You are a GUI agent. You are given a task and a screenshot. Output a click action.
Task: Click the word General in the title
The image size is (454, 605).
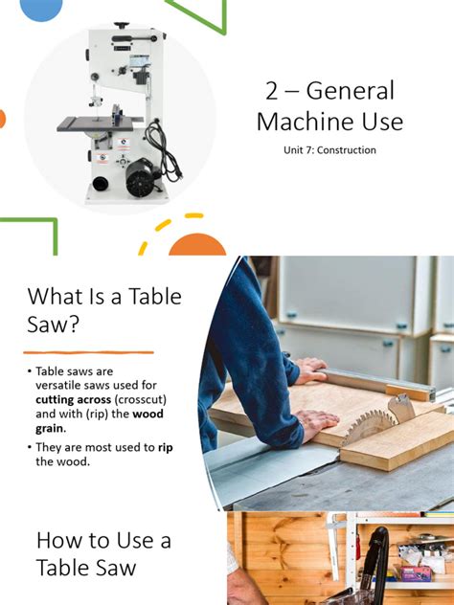tap(352, 92)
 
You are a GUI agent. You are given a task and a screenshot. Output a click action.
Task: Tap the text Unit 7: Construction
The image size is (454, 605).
tap(330, 150)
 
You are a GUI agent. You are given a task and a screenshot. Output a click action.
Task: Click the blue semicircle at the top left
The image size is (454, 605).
tap(40, 9)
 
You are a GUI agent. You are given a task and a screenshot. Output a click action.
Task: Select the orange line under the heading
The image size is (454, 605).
tap(88, 352)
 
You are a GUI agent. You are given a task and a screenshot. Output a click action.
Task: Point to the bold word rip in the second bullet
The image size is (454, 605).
tap(164, 447)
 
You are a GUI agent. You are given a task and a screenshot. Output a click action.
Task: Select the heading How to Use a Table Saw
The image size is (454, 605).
tap(102, 553)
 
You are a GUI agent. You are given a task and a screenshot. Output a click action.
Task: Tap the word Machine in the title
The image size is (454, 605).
tap(299, 122)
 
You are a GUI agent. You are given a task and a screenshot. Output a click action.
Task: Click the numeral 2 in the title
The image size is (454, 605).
tap(272, 92)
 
